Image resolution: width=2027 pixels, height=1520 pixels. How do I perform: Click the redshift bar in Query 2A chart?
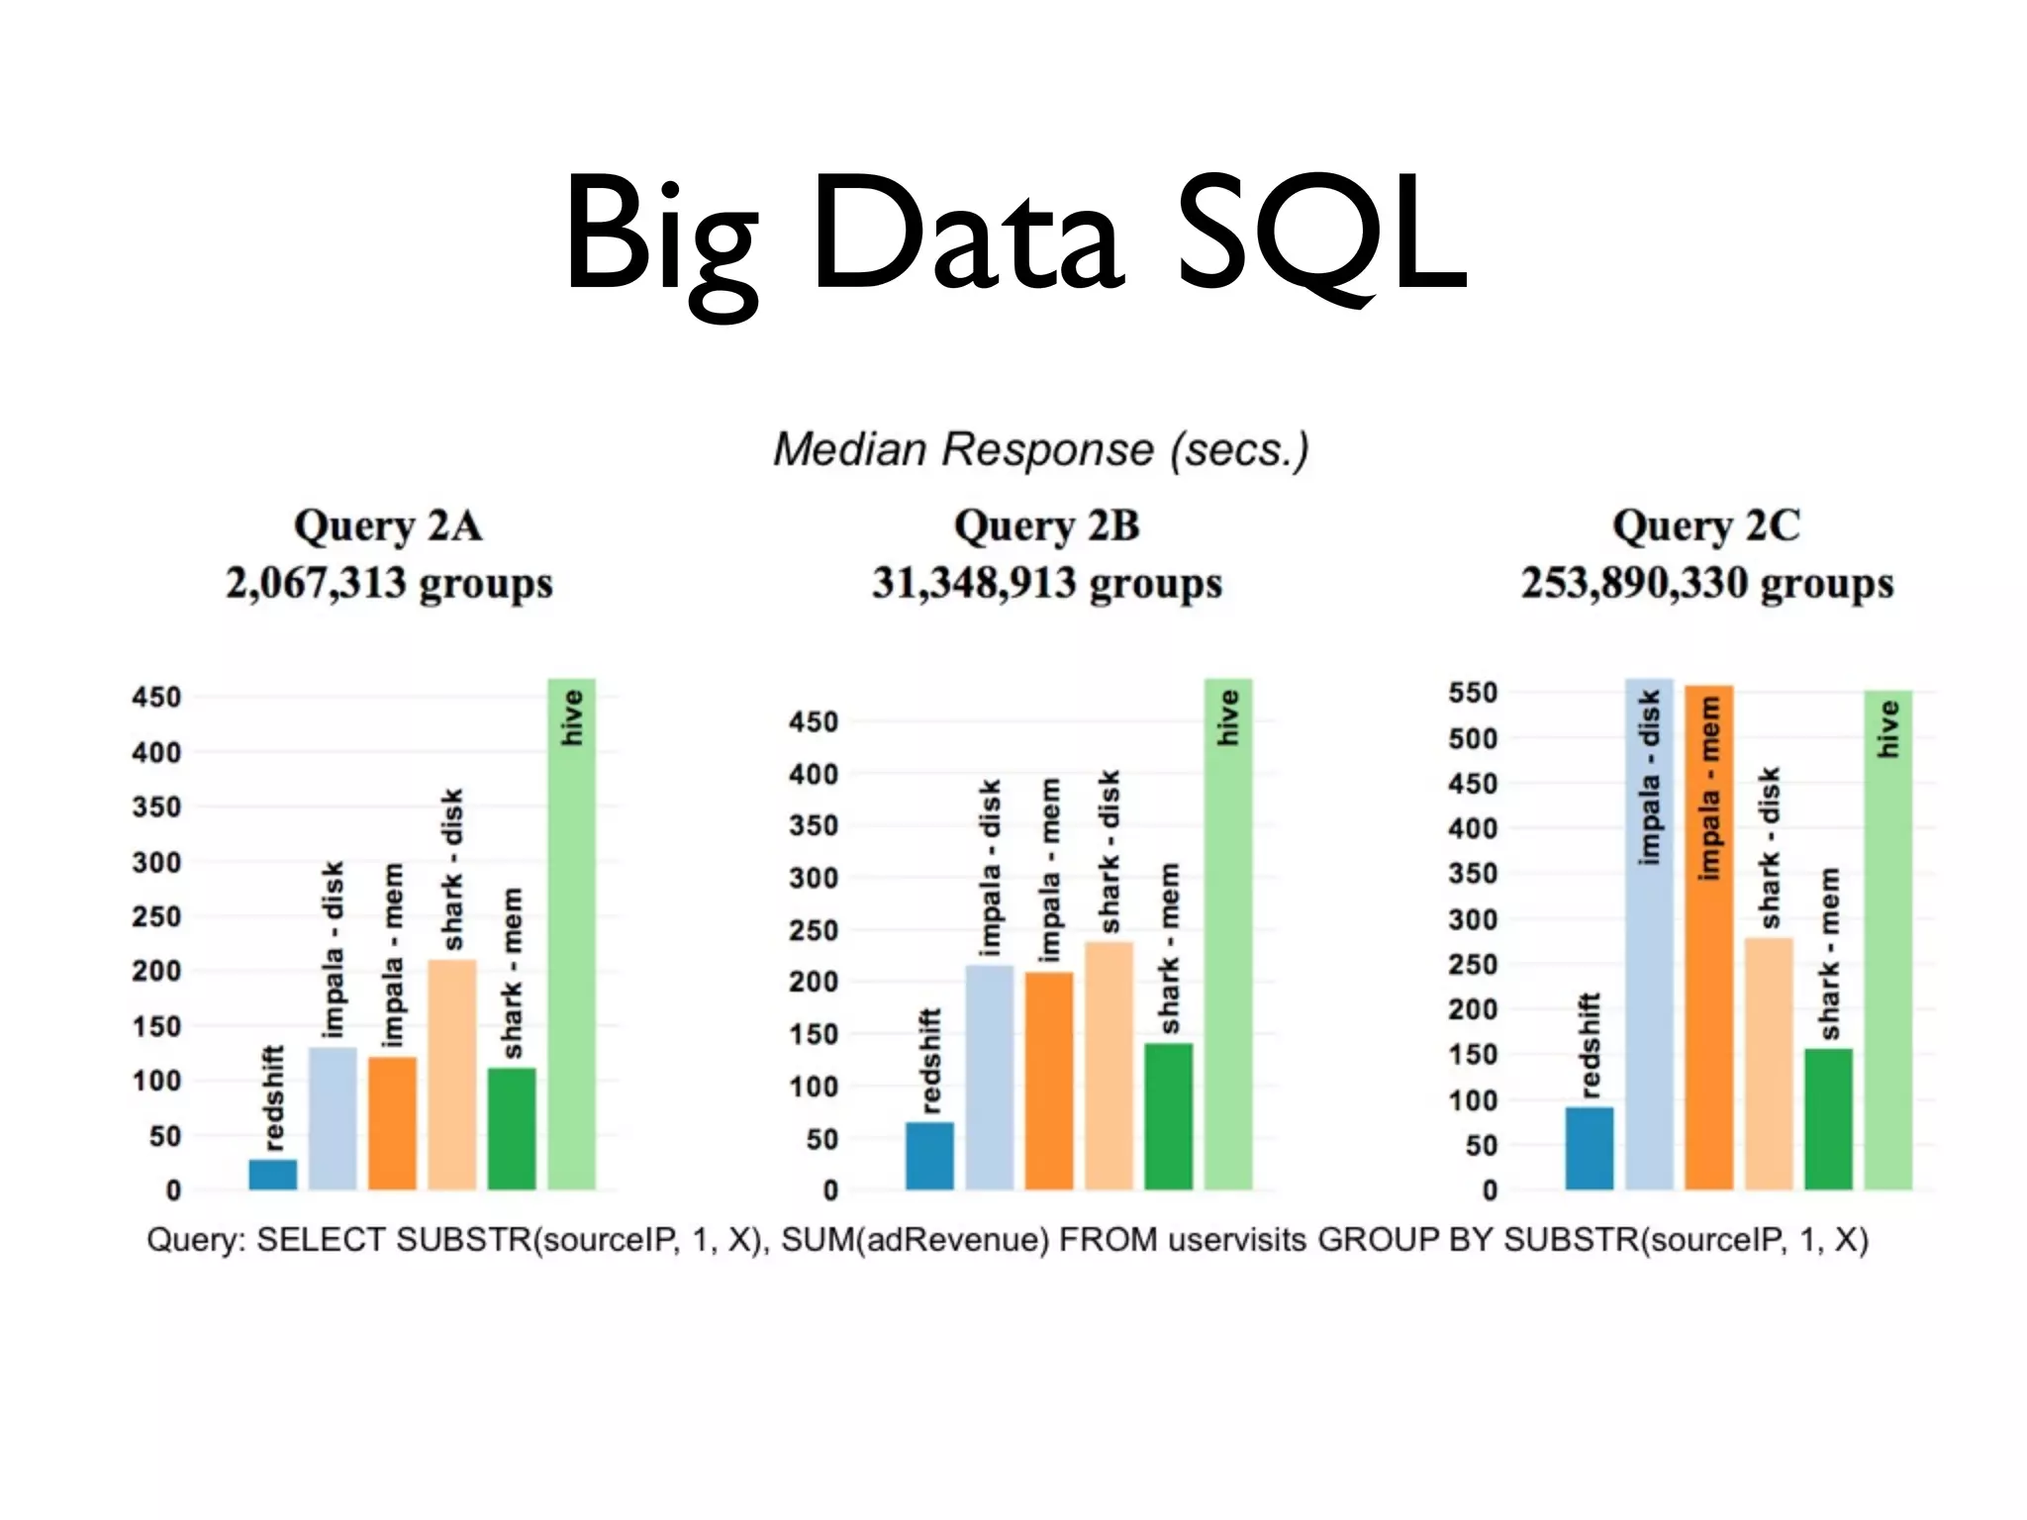pos(273,1174)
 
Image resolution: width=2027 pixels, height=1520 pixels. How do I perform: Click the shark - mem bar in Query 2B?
pos(1169,1116)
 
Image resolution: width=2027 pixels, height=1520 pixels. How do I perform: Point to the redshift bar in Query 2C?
pos(1590,1148)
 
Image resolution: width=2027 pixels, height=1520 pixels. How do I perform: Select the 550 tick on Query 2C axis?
pos(1473,693)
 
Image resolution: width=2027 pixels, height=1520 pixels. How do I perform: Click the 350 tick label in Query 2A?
pos(156,807)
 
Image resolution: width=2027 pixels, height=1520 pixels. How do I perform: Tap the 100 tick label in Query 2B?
pos(814,1087)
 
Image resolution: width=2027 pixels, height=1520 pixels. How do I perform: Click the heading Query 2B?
pos(1046,526)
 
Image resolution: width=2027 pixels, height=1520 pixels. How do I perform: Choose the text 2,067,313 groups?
pos(389,584)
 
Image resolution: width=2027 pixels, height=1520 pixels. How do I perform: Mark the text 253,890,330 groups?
pos(1707,584)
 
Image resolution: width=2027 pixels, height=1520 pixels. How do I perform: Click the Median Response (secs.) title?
pos(1041,450)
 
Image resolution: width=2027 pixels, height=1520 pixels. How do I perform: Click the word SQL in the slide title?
pos(1321,237)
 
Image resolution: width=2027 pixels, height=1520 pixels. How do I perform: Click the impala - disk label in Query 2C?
pos(1649,778)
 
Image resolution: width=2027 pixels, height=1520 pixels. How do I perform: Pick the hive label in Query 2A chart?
pos(572,717)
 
